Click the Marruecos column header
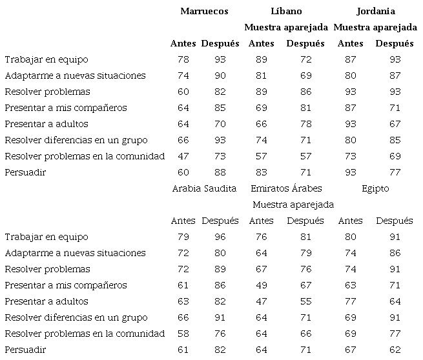click(204, 11)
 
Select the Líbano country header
click(285, 11)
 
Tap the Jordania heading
click(375, 11)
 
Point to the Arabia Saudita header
click(204, 188)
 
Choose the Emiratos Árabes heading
click(285, 188)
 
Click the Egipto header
click(375, 188)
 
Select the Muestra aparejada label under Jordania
click(375, 27)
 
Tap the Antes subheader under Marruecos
click(183, 43)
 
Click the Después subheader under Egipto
click(394, 221)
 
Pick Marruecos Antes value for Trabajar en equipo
click(183, 59)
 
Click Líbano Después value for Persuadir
click(305, 172)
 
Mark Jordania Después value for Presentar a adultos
click(394, 124)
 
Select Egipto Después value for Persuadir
click(394, 350)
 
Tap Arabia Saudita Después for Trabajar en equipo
click(220, 237)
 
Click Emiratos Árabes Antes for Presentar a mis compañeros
click(261, 285)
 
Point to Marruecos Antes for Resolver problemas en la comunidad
click(183, 156)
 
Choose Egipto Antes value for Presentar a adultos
click(351, 301)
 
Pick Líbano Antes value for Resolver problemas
click(261, 92)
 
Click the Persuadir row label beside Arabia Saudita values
click(24, 350)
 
